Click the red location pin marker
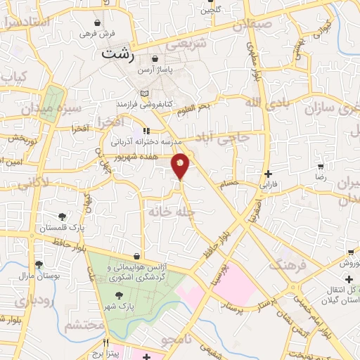(181, 165)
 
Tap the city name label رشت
(116, 53)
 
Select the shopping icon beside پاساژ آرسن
(153, 58)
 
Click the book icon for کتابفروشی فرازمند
(144, 94)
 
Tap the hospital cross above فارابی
(268, 174)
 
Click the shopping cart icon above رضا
(321, 167)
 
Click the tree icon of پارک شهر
(119, 295)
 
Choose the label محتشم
(84, 326)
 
